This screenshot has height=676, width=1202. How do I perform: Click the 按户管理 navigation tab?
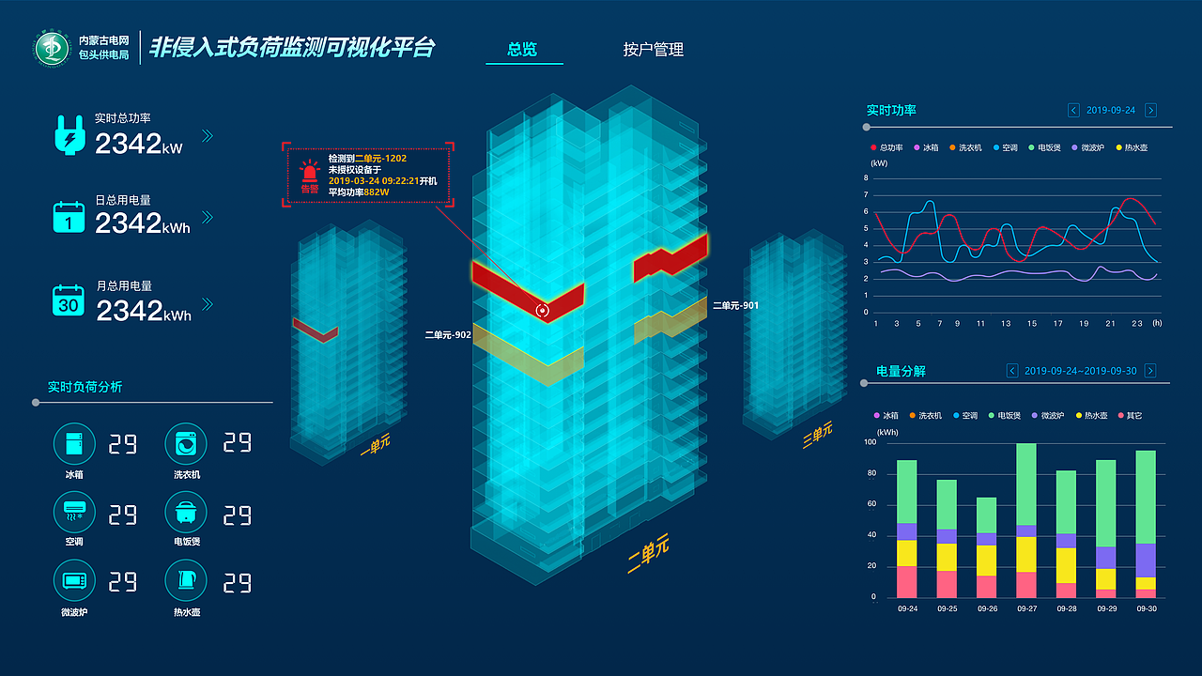tap(653, 50)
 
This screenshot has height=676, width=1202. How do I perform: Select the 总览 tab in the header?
tap(522, 50)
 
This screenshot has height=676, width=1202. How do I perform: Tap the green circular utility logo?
tap(52, 48)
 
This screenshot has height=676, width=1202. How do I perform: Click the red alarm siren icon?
tap(309, 172)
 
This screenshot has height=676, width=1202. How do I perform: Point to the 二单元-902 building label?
tap(448, 335)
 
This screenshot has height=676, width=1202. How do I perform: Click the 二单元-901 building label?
tap(735, 305)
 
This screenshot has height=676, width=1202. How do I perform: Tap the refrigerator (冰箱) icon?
tap(74, 444)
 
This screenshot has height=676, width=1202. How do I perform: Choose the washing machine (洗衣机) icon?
tap(186, 444)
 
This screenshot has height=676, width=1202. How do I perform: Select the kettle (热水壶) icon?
tap(186, 580)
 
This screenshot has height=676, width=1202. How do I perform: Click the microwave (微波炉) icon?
tap(74, 580)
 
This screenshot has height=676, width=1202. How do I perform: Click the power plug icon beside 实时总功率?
tap(69, 135)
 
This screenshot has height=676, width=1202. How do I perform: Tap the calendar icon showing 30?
tap(69, 300)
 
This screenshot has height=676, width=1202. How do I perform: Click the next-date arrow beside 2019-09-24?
tap(1150, 110)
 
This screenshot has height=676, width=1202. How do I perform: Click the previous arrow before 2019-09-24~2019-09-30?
tap(1012, 371)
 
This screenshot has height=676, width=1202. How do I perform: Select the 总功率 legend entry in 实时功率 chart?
tap(886, 147)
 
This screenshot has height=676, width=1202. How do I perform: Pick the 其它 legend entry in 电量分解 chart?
tap(1130, 415)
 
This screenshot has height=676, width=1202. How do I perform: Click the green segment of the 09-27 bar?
tap(1026, 484)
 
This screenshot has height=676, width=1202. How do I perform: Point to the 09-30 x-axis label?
tap(1147, 608)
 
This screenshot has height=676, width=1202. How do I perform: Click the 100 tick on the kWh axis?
tap(870, 442)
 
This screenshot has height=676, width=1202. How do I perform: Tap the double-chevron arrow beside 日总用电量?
tap(208, 217)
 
